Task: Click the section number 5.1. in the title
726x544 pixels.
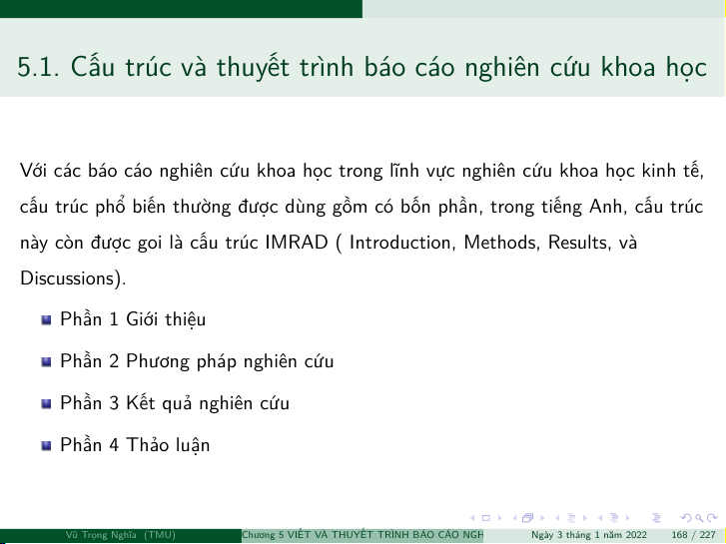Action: (x=38, y=67)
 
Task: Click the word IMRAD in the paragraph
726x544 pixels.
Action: (x=297, y=243)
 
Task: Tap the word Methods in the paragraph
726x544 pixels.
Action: (x=502, y=243)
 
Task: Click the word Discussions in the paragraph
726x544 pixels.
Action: (x=67, y=278)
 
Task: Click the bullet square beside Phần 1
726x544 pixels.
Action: (x=46, y=320)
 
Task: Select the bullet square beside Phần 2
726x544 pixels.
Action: (x=46, y=361)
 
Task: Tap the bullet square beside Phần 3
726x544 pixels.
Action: (x=46, y=403)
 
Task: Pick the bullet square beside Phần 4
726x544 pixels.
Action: (x=46, y=445)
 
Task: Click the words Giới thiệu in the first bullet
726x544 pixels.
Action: (x=166, y=319)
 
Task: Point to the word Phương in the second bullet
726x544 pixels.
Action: (x=158, y=362)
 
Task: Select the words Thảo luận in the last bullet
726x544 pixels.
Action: (x=168, y=445)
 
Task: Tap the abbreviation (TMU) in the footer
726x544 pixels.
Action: (x=159, y=535)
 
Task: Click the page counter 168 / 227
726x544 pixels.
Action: (x=693, y=535)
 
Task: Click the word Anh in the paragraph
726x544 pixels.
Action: (x=605, y=207)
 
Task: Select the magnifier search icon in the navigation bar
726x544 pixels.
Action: (x=699, y=518)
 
